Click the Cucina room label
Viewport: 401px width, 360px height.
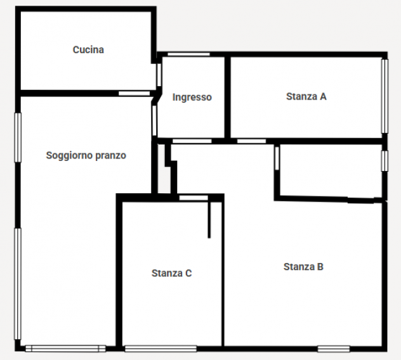88,49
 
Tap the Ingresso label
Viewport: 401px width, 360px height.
192,98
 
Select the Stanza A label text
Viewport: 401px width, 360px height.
306,96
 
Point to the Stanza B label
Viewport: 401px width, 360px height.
303,266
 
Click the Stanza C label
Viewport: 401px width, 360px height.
171,273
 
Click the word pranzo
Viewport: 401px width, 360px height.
110,156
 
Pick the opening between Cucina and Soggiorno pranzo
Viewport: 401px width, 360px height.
134,94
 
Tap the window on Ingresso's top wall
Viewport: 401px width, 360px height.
188,54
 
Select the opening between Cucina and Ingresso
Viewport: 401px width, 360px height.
159,75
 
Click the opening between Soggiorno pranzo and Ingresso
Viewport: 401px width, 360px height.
154,120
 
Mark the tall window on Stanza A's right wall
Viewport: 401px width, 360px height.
385,96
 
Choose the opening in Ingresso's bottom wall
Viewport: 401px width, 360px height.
192,141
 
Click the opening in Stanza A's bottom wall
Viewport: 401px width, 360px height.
252,141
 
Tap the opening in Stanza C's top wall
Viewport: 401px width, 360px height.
194,198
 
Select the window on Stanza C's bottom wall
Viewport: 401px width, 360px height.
161,349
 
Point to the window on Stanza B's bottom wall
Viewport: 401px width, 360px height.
334,349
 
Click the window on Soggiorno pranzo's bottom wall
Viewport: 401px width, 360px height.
65,349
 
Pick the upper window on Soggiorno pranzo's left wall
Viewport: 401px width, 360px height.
18,138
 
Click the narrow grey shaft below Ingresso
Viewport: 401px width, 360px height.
164,169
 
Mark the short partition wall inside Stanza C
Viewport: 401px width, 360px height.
209,219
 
